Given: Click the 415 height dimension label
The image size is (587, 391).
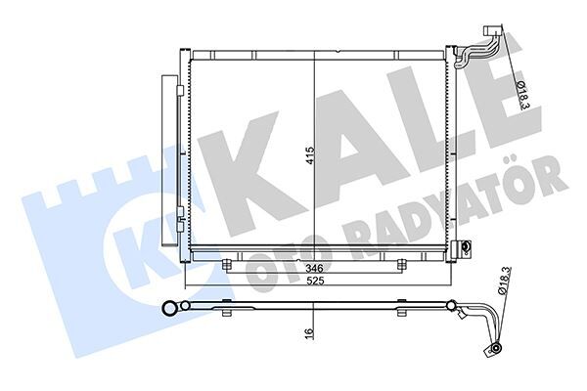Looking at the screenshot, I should (310, 158).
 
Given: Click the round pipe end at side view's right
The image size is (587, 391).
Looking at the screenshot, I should (497, 346).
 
